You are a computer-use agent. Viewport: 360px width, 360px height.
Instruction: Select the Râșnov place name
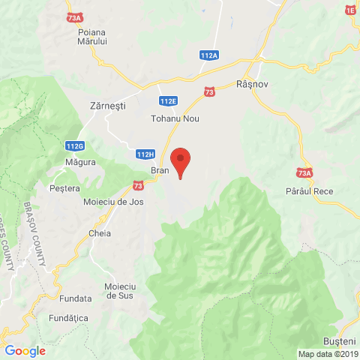(x=252, y=84)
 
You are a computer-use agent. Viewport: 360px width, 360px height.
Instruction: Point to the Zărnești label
(x=106, y=106)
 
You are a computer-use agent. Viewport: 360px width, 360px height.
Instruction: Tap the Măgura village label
(x=80, y=162)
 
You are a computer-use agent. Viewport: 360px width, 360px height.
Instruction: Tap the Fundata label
(x=75, y=298)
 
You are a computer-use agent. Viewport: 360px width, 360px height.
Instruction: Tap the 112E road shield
(x=169, y=100)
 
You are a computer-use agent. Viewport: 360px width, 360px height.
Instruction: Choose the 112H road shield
(x=145, y=154)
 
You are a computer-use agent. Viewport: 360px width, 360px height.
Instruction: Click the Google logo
(x=25, y=350)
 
